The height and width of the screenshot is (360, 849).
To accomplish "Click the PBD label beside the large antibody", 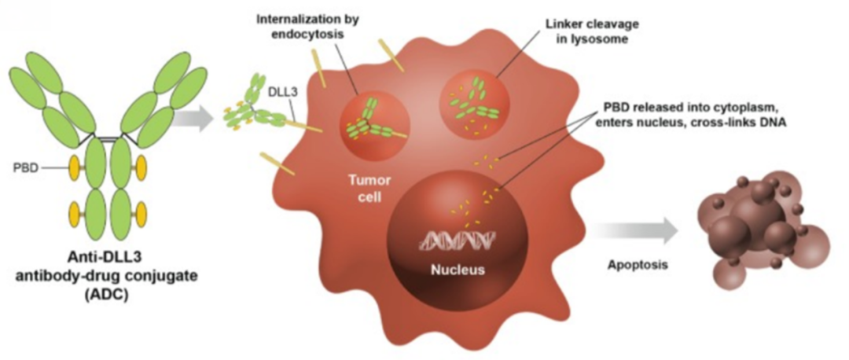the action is tap(24, 168).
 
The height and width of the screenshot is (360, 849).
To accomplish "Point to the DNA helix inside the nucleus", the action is tap(457, 240).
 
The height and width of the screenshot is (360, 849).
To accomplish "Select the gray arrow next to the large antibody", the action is tap(194, 118).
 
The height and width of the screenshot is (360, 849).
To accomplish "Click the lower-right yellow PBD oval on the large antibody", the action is tap(141, 214).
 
